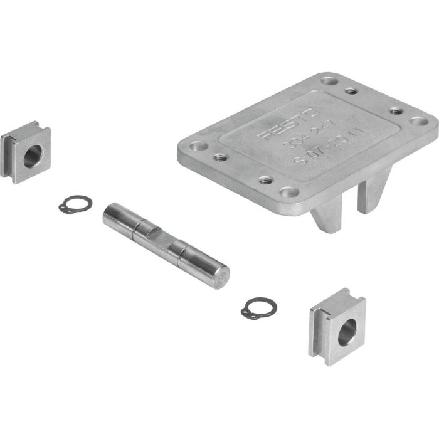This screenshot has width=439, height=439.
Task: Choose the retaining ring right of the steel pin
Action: point(257,309)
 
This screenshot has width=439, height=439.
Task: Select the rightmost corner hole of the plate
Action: point(416,122)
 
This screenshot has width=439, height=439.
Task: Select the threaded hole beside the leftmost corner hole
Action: point(219,157)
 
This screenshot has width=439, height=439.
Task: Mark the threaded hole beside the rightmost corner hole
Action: point(395,110)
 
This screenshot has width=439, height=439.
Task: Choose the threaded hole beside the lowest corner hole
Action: point(265,181)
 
